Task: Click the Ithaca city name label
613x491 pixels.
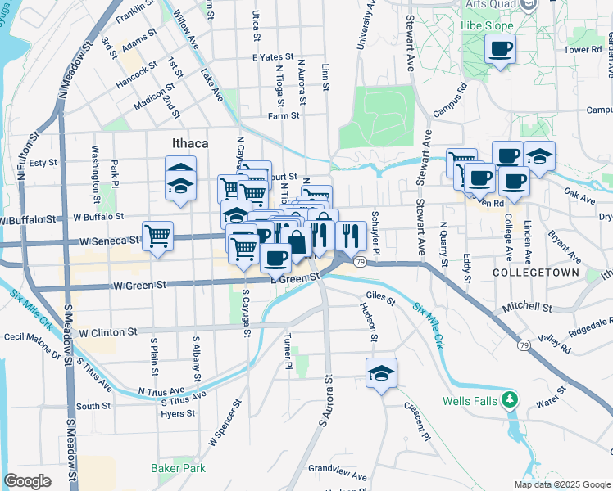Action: (190, 143)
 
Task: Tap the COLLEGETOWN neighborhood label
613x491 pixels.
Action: (536, 272)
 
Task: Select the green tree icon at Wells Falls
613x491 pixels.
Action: (511, 400)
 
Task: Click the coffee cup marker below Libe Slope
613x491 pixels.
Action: (500, 51)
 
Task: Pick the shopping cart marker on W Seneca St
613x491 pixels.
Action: (157, 236)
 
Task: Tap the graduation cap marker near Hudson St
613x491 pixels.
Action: (381, 373)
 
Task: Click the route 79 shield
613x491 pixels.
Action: (361, 262)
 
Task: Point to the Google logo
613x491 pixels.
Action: (27, 481)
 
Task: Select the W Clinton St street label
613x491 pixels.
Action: (108, 332)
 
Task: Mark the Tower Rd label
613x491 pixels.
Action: (583, 50)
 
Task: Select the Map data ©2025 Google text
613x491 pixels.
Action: (561, 484)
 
